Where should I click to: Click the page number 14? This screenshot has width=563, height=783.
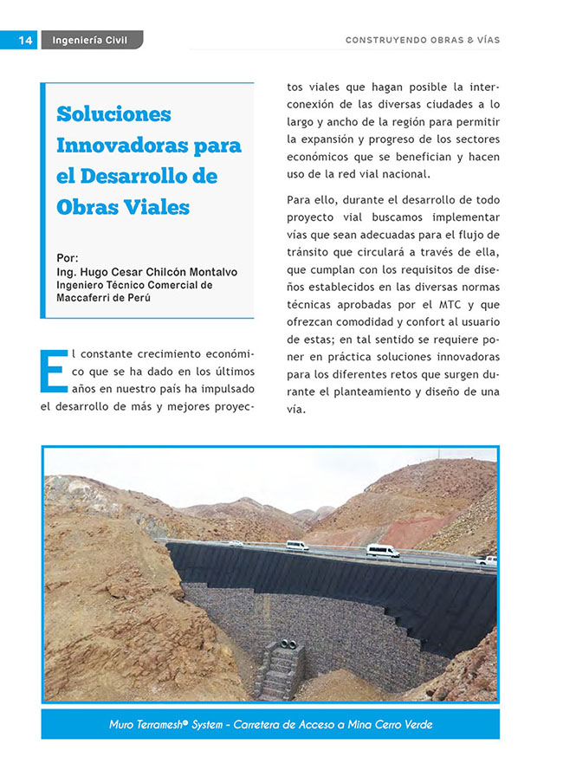(24, 40)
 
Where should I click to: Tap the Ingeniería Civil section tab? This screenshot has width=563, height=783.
(90, 40)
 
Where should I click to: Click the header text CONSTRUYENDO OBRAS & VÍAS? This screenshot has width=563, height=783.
(423, 40)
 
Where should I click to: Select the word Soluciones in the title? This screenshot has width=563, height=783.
(113, 113)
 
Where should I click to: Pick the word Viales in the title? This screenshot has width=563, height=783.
(156, 207)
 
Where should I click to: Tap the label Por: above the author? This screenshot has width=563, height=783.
(66, 257)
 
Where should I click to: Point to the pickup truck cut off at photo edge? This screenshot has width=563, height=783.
(488, 560)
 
